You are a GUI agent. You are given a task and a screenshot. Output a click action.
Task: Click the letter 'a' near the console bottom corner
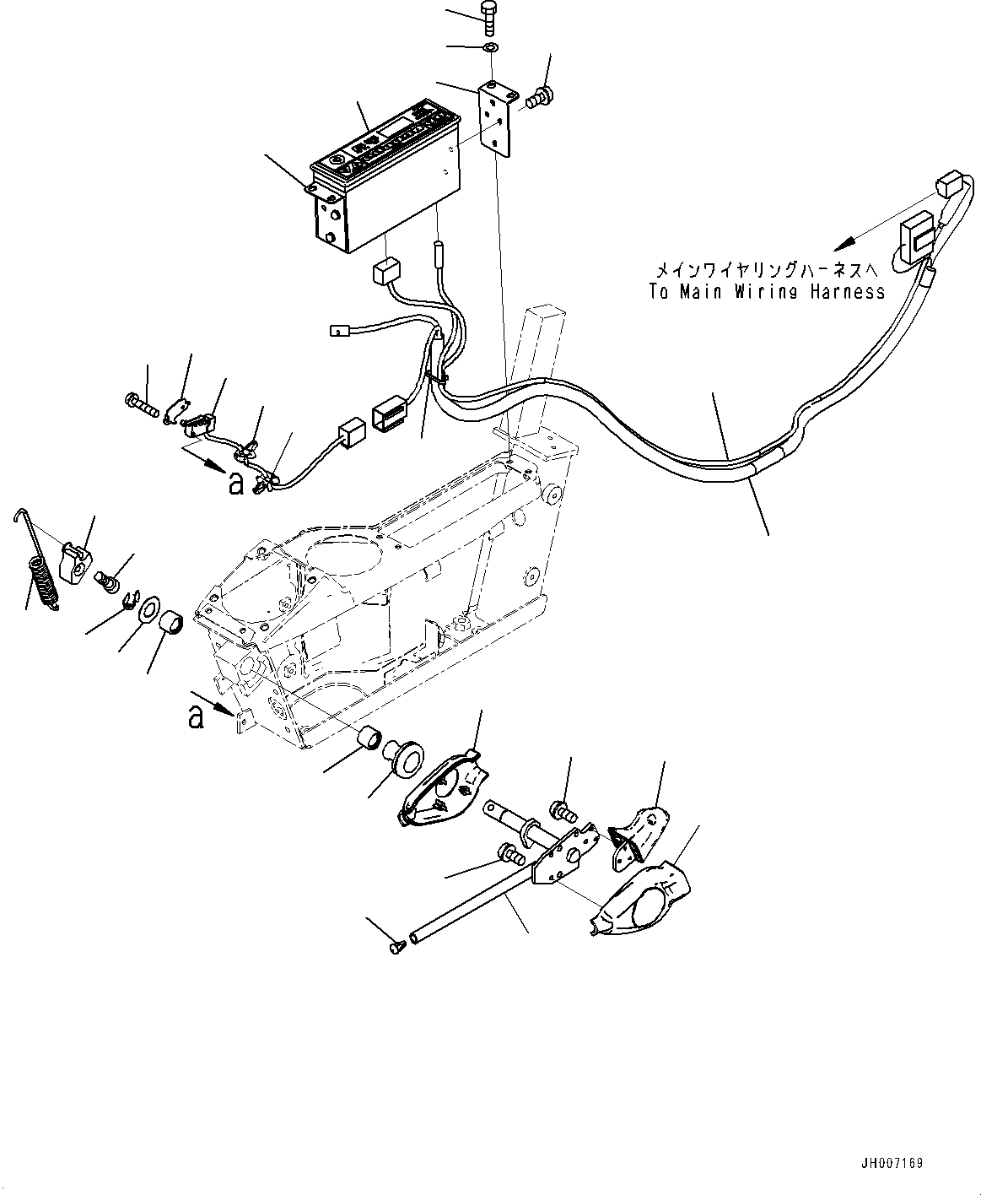[x=196, y=716]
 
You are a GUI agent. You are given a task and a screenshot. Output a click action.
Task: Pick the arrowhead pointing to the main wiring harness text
[x=842, y=246]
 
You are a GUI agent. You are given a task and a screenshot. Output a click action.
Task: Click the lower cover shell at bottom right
[x=644, y=898]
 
